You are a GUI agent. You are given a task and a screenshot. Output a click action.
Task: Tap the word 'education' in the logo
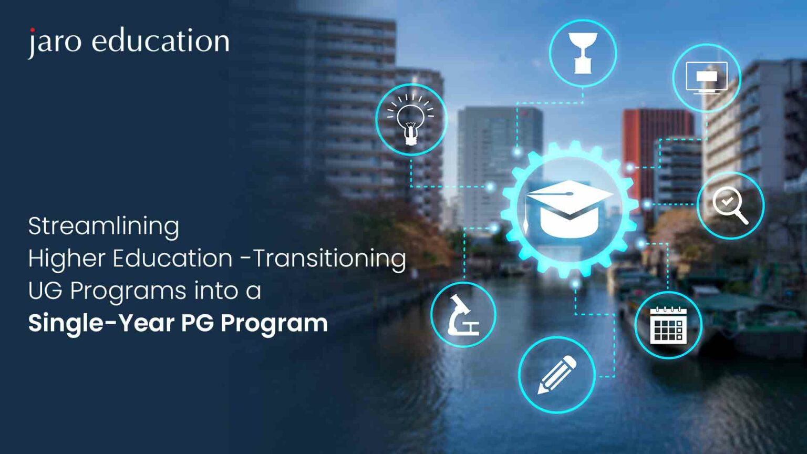click(x=161, y=41)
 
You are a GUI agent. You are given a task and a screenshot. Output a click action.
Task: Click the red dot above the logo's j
click(x=33, y=30)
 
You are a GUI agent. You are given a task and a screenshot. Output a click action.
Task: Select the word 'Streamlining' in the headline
click(x=104, y=226)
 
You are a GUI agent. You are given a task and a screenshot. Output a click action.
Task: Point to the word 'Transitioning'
click(x=330, y=259)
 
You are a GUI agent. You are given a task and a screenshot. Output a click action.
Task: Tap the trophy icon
click(x=583, y=53)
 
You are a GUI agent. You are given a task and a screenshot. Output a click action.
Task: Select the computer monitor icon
click(x=707, y=77)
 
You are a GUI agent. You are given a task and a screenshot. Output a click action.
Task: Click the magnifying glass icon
click(x=730, y=205)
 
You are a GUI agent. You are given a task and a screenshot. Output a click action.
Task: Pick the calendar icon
click(x=668, y=325)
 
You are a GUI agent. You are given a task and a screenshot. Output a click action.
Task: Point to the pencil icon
click(x=557, y=375)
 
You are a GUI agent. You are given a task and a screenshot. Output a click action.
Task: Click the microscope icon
click(x=463, y=315)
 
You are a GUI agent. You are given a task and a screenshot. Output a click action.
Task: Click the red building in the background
click(x=657, y=131)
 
